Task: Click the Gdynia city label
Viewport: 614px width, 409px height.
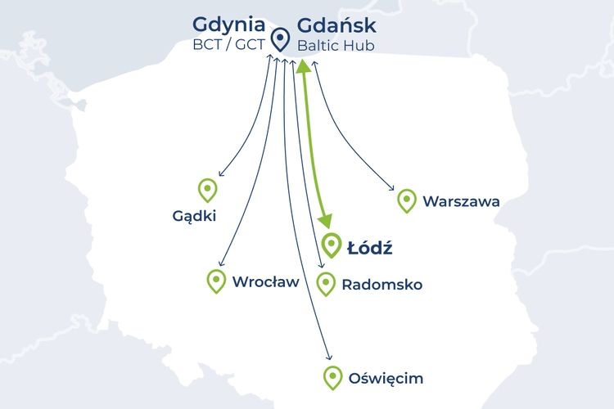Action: (x=229, y=25)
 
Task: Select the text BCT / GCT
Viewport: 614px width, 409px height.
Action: (x=229, y=45)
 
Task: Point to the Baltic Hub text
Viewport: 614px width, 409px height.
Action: (x=336, y=45)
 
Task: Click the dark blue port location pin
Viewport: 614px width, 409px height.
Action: (x=281, y=38)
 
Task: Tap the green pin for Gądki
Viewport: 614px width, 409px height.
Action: (x=208, y=190)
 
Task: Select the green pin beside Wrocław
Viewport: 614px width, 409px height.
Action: (x=216, y=281)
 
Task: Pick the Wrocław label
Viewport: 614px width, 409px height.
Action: (x=266, y=282)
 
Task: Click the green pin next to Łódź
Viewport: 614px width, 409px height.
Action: (x=332, y=245)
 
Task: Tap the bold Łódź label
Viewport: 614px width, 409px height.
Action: (x=369, y=247)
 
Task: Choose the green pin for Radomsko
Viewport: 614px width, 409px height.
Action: (x=326, y=283)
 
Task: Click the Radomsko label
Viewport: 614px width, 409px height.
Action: (x=381, y=285)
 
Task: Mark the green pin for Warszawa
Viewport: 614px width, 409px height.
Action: (x=406, y=200)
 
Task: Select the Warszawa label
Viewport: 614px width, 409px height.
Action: (x=461, y=201)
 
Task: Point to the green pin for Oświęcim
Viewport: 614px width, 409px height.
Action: (x=332, y=377)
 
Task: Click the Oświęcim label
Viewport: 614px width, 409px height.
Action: (x=386, y=379)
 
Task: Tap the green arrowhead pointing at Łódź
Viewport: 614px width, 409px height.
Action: (x=327, y=220)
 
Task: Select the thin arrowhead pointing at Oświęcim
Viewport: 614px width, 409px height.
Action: (x=329, y=358)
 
